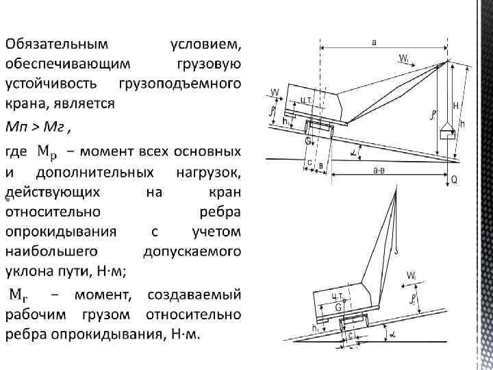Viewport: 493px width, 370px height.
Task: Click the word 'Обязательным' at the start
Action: (56, 45)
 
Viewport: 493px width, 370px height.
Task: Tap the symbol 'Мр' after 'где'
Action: (51, 150)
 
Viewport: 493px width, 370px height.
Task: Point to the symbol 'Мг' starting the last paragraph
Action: (18, 295)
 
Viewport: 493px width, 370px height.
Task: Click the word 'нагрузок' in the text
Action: (205, 171)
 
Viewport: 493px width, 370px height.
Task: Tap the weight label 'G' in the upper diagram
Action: (307, 140)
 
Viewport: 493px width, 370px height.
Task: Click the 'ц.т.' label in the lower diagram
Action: (338, 295)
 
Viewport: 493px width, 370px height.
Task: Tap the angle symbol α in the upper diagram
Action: (355, 151)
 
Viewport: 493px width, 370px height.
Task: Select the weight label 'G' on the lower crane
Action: (338, 308)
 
